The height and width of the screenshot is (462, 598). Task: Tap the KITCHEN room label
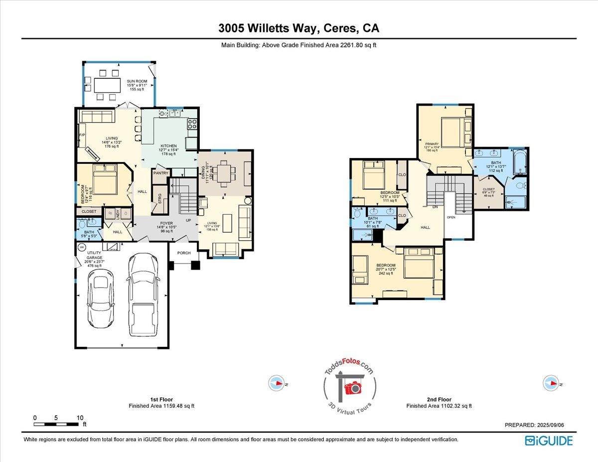pos(169,146)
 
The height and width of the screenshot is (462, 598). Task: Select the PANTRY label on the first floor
pos(161,173)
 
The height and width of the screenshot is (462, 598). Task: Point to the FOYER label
pos(166,224)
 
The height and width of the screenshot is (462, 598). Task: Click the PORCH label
pos(184,253)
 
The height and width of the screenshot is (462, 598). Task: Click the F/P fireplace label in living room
pos(82,135)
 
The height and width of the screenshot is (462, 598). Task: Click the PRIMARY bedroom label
pos(432,144)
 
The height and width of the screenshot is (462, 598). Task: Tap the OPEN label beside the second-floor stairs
pos(451,217)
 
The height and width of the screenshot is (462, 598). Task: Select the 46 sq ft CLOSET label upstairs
pos(489,189)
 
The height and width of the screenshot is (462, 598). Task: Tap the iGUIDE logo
pos(549,441)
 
